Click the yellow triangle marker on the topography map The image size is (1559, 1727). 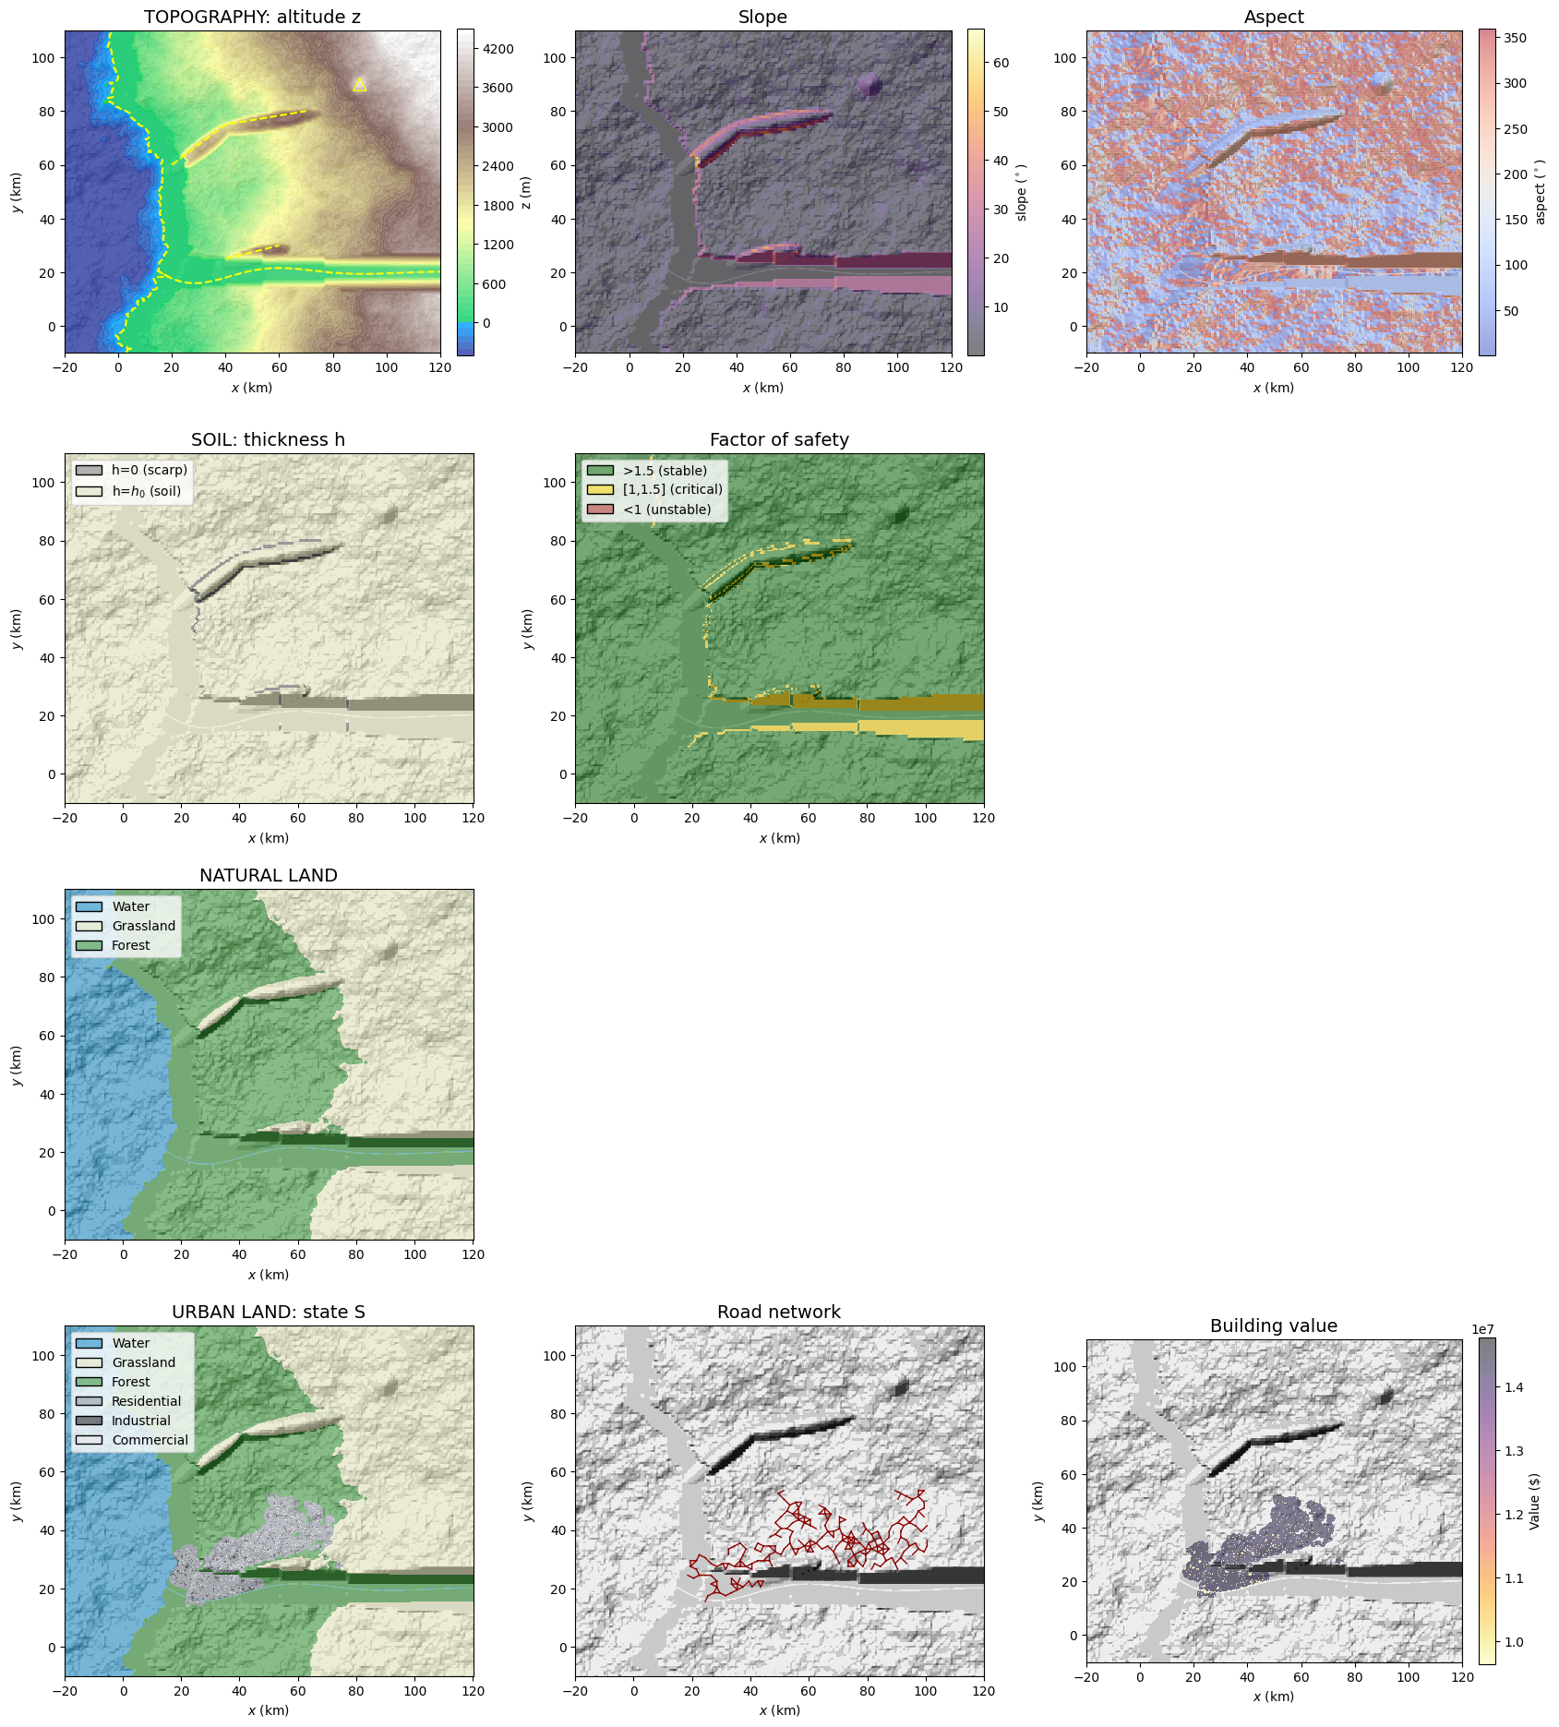(360, 85)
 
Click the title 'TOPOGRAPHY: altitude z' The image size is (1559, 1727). (252, 18)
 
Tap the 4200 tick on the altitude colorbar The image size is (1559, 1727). (498, 49)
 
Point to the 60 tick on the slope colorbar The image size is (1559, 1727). (1001, 63)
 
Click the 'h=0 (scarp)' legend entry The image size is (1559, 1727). (149, 471)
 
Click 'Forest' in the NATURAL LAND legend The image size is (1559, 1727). (130, 945)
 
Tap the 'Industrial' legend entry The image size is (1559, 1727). (140, 1421)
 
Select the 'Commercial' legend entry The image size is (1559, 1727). (150, 1440)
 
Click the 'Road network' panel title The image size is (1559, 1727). (778, 1313)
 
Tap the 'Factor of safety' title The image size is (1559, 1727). (778, 440)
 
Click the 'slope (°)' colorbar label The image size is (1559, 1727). (1022, 192)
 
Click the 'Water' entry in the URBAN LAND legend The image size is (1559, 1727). (130, 1343)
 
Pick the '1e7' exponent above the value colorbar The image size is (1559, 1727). (1482, 1329)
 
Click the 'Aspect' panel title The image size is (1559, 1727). (1274, 18)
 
